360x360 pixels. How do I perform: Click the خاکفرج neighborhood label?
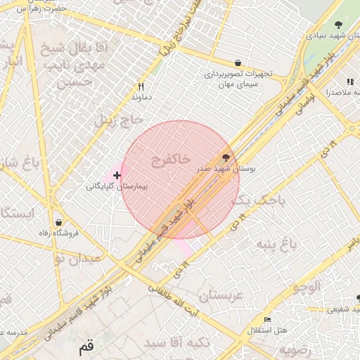(170, 160)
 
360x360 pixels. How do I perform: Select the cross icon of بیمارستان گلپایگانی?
(117, 174)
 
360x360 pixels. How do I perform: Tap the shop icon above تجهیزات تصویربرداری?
(238, 63)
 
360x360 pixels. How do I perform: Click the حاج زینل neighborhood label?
(114, 120)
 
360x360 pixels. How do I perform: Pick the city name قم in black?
(86, 347)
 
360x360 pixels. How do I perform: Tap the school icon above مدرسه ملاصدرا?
(350, 82)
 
